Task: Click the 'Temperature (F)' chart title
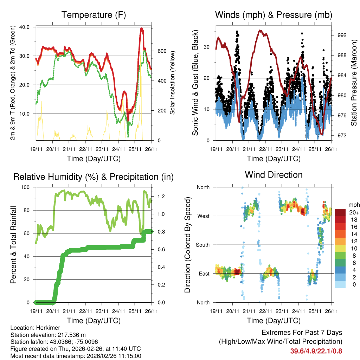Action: [94, 15]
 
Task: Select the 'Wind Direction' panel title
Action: [274, 175]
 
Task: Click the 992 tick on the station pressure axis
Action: [342, 35]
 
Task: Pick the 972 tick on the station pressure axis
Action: [342, 135]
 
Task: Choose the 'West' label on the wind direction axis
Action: [203, 216]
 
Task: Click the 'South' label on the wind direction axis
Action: [202, 245]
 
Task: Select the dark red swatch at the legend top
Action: [340, 212]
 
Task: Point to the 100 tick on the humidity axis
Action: [26, 187]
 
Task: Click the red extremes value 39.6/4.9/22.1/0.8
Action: [316, 351]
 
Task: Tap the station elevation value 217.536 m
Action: [69, 335]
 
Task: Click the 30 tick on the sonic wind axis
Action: [207, 47]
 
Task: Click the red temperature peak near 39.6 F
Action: [141, 29]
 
